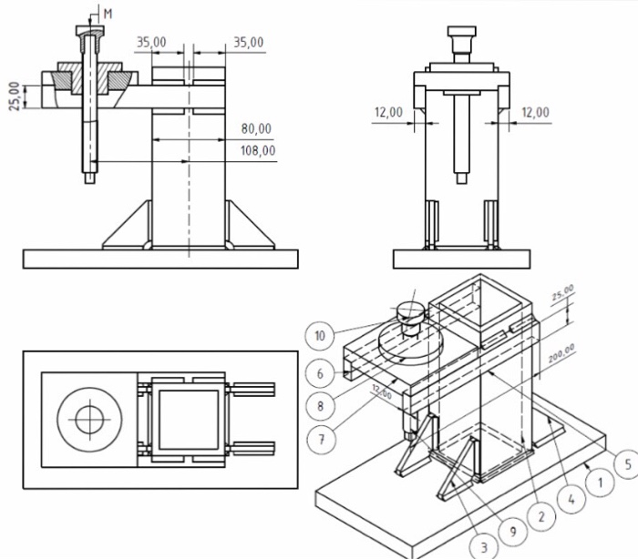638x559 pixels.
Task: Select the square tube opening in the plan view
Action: [x=188, y=420]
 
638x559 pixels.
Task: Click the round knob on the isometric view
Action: [x=410, y=312]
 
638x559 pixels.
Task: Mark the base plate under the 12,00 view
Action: [x=461, y=259]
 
